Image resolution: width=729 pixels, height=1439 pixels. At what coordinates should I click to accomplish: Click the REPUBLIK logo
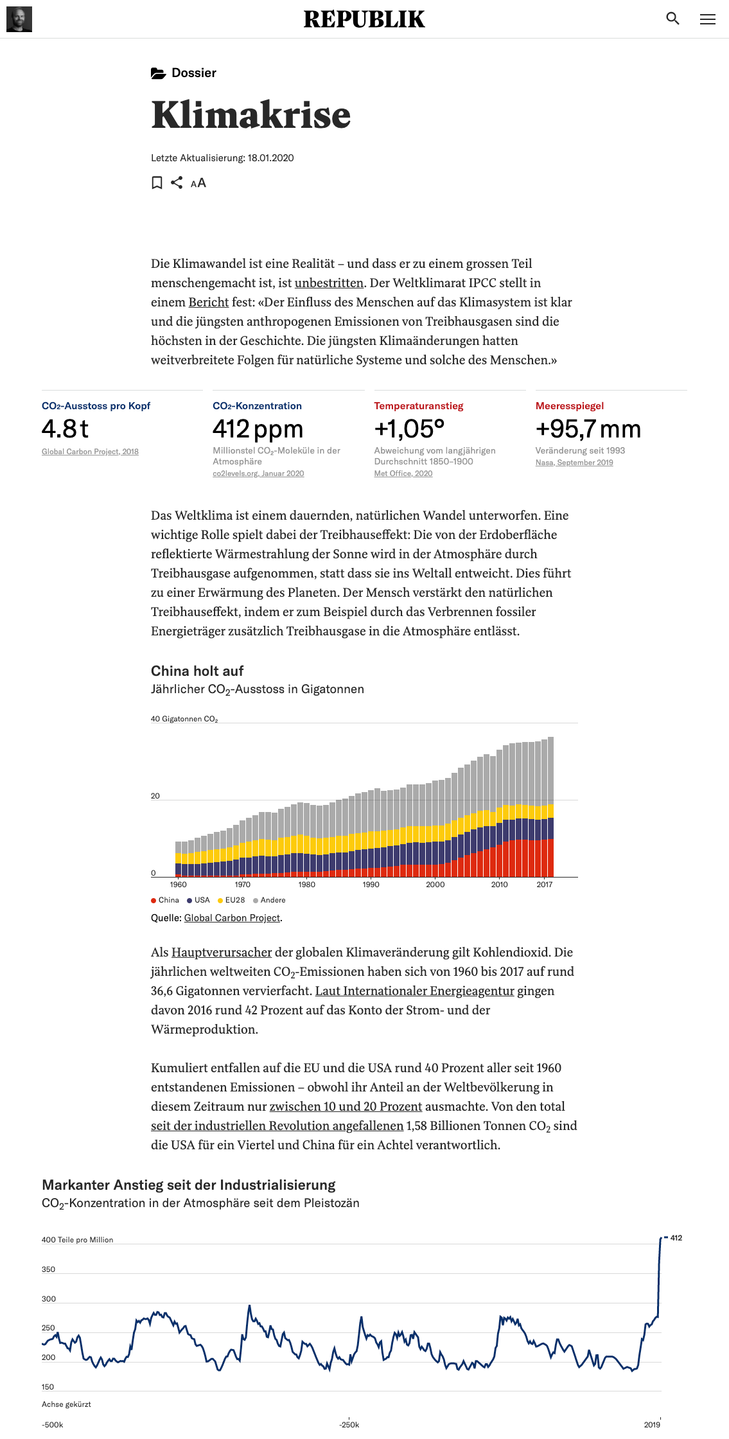pyautogui.click(x=364, y=19)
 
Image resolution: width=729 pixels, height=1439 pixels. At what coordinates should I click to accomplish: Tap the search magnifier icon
pyautogui.click(x=672, y=19)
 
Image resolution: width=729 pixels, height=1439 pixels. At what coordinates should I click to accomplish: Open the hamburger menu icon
pyautogui.click(x=707, y=19)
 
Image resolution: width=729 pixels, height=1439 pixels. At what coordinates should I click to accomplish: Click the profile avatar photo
pyautogui.click(x=19, y=19)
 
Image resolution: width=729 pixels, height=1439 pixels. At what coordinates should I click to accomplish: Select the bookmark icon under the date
pyautogui.click(x=157, y=183)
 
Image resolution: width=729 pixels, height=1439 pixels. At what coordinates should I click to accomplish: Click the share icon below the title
pyautogui.click(x=177, y=183)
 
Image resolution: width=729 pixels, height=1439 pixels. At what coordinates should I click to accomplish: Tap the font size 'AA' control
pyautogui.click(x=198, y=183)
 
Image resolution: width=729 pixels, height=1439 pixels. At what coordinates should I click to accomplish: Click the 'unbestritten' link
pyautogui.click(x=329, y=283)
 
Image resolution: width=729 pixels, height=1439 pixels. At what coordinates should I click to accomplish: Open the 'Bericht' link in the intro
pyautogui.click(x=208, y=302)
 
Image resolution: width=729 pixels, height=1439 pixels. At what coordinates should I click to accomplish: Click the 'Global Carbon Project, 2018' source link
pyautogui.click(x=90, y=452)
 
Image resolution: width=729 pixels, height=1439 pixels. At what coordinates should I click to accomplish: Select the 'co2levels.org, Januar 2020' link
pyautogui.click(x=258, y=473)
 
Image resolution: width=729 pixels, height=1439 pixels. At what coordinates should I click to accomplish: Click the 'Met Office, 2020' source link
pyautogui.click(x=403, y=473)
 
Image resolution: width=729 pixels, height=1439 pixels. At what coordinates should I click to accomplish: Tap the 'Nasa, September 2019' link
pyautogui.click(x=574, y=463)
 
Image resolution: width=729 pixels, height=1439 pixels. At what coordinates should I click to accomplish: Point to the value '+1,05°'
pyautogui.click(x=409, y=428)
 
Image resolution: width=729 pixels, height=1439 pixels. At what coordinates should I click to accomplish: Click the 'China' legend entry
pyautogui.click(x=165, y=900)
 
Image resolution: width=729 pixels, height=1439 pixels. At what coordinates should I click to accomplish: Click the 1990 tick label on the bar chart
pyautogui.click(x=371, y=885)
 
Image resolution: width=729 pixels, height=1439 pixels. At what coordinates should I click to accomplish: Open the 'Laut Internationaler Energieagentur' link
pyautogui.click(x=414, y=991)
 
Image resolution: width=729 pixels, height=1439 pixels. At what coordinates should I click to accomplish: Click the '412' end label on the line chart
pyautogui.click(x=676, y=1238)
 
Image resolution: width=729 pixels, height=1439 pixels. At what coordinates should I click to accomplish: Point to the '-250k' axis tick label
pyautogui.click(x=349, y=1424)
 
